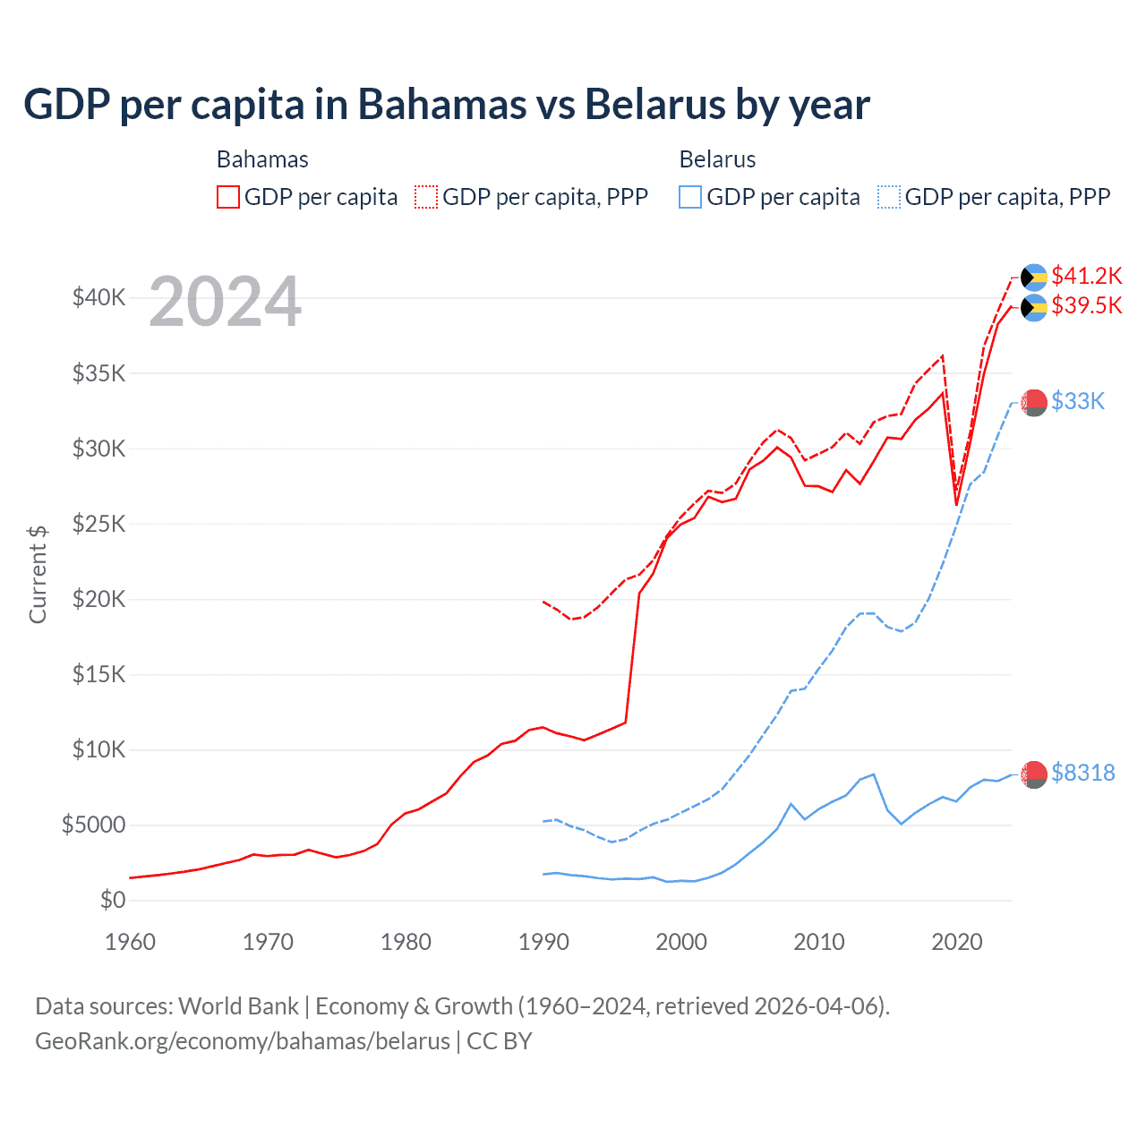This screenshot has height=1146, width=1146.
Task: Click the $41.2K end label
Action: [1086, 275]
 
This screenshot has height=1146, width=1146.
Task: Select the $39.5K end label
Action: [1086, 305]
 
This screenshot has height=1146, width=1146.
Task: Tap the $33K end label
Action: [1078, 401]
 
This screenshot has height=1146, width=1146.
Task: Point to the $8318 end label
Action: [1082, 773]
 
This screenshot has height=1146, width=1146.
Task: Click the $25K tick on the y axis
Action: [98, 524]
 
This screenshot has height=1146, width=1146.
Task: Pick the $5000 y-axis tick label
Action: [93, 825]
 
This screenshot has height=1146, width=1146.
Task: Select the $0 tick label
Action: [112, 900]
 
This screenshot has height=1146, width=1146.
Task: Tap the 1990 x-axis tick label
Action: [543, 942]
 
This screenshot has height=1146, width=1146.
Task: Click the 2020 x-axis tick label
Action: [956, 942]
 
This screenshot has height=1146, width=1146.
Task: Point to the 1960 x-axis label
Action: [131, 942]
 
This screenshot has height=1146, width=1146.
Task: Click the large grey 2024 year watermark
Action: [225, 302]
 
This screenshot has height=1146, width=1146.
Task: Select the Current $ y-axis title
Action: [38, 575]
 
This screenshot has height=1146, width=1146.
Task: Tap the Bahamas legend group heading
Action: [262, 159]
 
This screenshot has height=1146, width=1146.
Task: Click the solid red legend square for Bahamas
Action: [228, 197]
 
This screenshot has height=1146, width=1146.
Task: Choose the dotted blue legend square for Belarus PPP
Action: [889, 197]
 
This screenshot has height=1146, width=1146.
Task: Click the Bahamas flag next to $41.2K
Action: [1034, 277]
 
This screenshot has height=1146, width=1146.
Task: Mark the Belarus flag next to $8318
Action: [1034, 774]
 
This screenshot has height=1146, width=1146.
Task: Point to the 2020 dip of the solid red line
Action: [956, 504]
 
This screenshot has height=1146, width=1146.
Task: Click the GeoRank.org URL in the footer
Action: [242, 1041]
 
